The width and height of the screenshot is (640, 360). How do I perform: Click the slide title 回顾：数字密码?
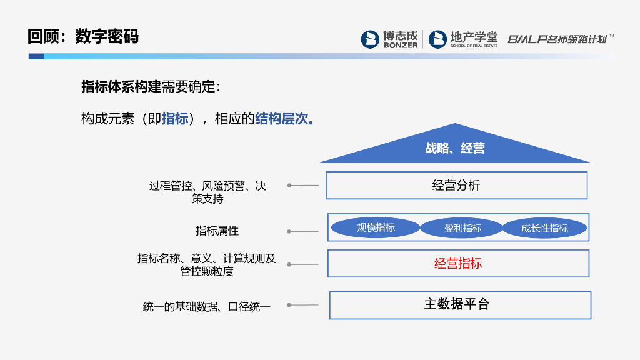[83, 36]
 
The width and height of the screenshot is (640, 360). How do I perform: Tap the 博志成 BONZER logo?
[389, 39]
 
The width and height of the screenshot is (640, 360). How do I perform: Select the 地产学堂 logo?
[463, 39]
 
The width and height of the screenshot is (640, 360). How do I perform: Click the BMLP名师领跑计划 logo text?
[560, 39]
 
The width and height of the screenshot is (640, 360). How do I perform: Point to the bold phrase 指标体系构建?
[121, 86]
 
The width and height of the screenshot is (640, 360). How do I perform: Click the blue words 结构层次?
[281, 119]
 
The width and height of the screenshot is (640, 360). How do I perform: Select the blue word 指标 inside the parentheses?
[175, 119]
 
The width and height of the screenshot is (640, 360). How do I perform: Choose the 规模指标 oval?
[376, 227]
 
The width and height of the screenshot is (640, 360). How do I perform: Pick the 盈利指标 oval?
[462, 227]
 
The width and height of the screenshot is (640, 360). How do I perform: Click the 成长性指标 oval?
[544, 227]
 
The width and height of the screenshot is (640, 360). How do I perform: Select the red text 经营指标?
[458, 264]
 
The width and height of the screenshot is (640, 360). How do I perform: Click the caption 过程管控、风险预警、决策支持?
[207, 192]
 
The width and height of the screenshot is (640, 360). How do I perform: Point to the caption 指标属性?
[217, 231]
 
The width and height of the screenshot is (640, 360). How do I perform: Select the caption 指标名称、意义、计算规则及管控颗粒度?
[206, 265]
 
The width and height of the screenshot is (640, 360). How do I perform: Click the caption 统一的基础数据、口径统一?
[206, 306]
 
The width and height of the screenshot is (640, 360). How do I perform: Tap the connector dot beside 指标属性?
[289, 231]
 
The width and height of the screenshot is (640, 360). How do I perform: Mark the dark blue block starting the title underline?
[36, 56]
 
